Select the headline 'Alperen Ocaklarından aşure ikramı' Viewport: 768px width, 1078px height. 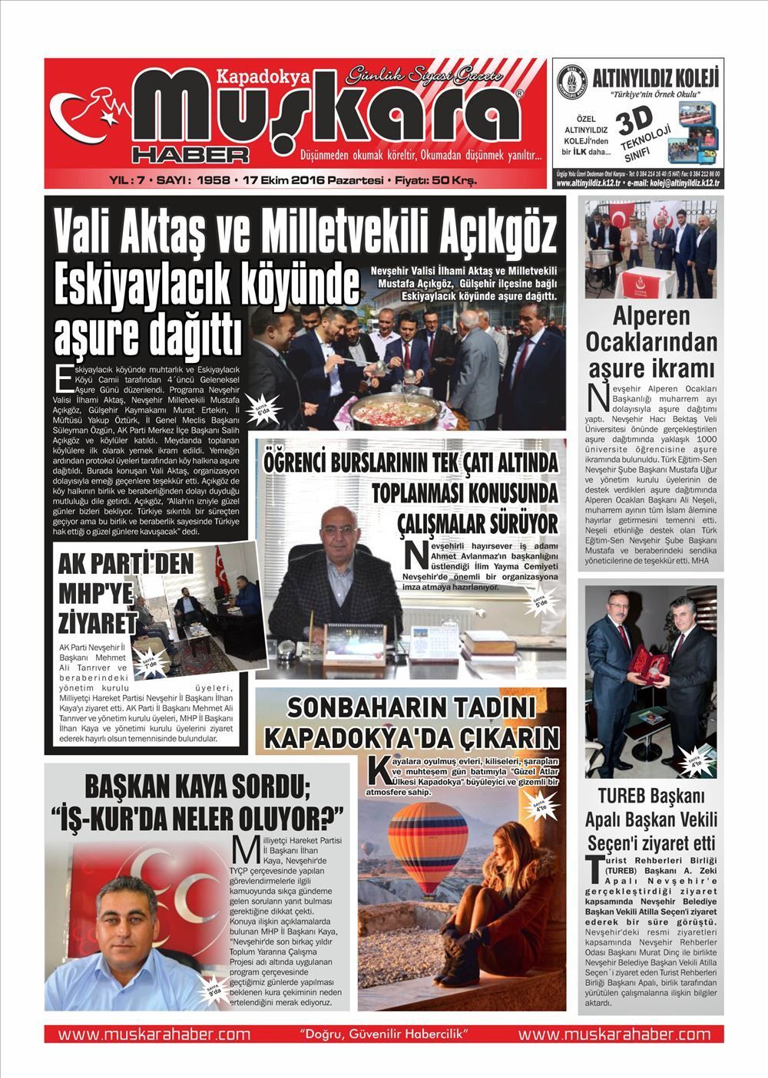click(651, 340)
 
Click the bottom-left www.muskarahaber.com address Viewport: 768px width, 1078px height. click(154, 1034)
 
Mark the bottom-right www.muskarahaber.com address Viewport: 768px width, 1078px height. click(614, 1034)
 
